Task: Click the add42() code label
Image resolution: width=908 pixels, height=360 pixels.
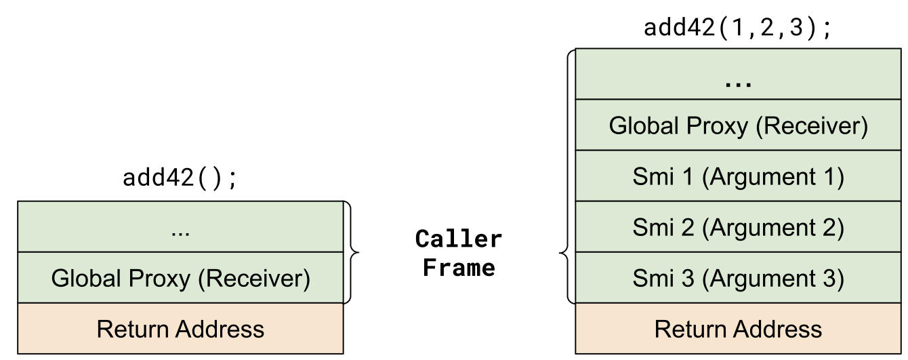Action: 180,178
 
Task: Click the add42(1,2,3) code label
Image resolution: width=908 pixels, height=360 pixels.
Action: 737,28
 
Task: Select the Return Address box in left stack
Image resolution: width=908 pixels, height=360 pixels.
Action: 180,329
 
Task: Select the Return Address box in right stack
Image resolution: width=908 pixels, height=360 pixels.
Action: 738,329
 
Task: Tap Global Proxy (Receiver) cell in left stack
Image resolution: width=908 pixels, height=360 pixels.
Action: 180,278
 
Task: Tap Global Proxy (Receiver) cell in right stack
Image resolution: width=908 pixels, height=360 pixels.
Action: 738,125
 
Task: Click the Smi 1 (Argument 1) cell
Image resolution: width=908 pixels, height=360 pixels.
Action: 738,176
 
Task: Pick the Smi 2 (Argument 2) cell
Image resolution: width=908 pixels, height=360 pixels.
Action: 738,227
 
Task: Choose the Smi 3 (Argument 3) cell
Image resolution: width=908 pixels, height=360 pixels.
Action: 738,278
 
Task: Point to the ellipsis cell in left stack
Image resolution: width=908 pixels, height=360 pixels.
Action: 180,227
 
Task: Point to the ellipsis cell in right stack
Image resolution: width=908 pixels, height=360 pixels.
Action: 738,75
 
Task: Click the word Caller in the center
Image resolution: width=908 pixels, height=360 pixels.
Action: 459,239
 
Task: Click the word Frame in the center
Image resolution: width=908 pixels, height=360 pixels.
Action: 459,267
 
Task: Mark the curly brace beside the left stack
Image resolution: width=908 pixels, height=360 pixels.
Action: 352,252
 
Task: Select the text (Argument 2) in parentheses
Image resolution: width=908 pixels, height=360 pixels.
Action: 773,227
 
